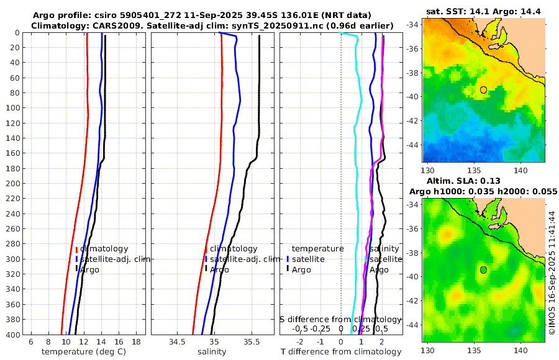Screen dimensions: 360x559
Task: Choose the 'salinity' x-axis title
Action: (211, 352)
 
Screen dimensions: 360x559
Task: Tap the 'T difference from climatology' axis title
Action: (341, 352)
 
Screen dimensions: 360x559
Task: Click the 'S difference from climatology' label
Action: (340, 318)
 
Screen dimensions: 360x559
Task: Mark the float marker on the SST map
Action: (483, 90)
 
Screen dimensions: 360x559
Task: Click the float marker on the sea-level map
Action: (483, 270)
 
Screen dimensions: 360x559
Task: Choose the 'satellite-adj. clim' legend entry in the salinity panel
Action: (241, 259)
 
